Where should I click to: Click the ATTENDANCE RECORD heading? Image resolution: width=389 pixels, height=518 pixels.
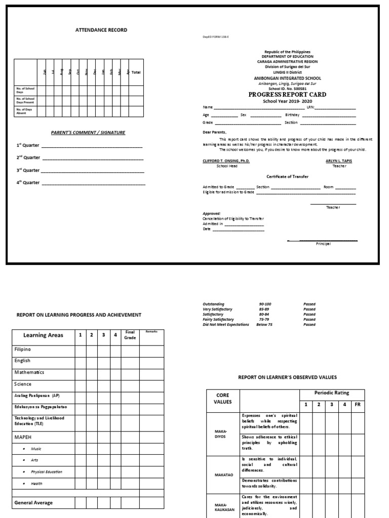(x=101, y=30)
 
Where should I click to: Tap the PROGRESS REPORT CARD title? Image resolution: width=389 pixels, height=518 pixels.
(x=287, y=95)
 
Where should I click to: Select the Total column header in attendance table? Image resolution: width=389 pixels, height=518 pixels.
(x=136, y=73)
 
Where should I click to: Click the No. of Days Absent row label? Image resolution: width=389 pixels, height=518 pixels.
(x=25, y=111)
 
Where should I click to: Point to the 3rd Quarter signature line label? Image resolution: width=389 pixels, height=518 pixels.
(x=28, y=170)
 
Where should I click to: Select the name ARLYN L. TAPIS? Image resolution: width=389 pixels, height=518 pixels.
(x=339, y=161)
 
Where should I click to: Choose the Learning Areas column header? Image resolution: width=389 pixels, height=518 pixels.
(x=43, y=335)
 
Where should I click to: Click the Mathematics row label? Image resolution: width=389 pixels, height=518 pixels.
(x=29, y=372)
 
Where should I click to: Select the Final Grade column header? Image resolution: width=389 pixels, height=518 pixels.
(x=129, y=335)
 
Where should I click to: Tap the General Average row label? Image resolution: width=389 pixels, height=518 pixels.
(x=33, y=503)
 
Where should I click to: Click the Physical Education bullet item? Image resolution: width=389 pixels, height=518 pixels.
(x=47, y=472)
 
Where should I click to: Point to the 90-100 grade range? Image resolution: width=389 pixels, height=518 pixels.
(x=265, y=305)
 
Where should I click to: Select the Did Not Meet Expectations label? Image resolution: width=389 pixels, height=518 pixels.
(x=226, y=325)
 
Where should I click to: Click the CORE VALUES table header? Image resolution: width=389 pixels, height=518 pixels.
(x=223, y=399)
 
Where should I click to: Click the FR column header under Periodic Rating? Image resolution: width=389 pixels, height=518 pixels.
(x=357, y=405)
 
